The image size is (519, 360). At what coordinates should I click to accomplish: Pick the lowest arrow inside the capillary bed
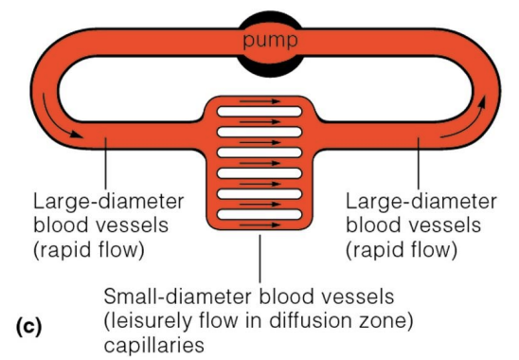coord(259,225)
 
